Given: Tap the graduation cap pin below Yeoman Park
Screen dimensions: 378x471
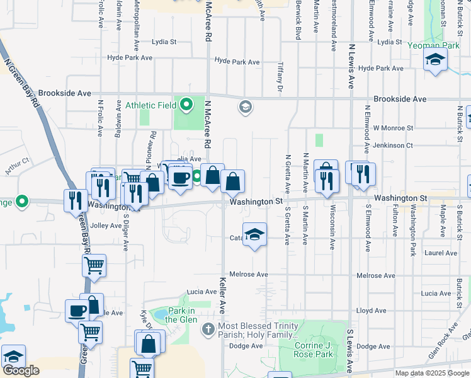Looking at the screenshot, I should pyautogui.click(x=434, y=61).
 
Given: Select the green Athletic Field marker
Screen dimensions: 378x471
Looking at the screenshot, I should pyautogui.click(x=186, y=105).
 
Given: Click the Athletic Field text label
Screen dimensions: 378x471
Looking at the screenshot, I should pyautogui.click(x=151, y=105).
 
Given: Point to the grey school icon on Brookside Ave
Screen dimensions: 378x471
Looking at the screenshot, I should pyautogui.click(x=245, y=107).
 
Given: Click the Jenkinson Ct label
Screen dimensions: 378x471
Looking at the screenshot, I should pyautogui.click(x=393, y=146).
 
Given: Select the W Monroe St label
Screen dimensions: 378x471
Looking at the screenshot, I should pyautogui.click(x=393, y=127).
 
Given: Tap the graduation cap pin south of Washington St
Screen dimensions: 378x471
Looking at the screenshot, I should pyautogui.click(x=254, y=235).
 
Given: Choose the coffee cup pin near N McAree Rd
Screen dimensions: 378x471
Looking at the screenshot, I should pyautogui.click(x=181, y=178).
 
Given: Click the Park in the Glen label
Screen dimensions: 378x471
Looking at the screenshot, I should pyautogui.click(x=181, y=315).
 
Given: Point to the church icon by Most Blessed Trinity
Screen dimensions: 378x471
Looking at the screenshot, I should pyautogui.click(x=208, y=329).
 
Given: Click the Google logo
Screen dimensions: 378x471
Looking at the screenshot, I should pyautogui.click(x=21, y=370).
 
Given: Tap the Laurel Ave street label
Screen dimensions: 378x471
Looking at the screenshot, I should pyautogui.click(x=441, y=253).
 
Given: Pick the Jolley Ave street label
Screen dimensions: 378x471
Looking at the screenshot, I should pyautogui.click(x=106, y=226).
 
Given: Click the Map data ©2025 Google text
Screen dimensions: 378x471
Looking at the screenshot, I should pyautogui.click(x=431, y=373).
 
